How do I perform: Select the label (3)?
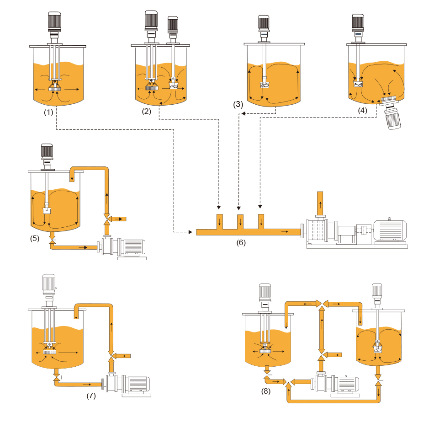(x=238, y=104)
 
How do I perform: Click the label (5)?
(x=35, y=238)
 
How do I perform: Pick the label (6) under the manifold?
(x=241, y=242)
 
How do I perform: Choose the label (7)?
(x=91, y=396)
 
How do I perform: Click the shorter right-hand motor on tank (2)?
(x=172, y=26)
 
